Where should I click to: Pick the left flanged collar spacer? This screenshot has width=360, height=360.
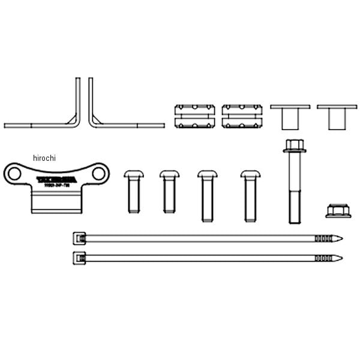tap(290, 116)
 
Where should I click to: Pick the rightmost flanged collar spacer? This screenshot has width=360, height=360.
tap(337, 116)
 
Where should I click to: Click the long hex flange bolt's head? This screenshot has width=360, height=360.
tap(294, 146)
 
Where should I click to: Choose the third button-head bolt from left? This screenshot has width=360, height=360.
tap(206, 195)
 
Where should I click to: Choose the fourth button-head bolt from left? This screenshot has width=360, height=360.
tap(250, 195)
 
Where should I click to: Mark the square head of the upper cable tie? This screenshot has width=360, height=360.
tap(77, 238)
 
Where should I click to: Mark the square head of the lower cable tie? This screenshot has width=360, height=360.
tap(77, 257)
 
